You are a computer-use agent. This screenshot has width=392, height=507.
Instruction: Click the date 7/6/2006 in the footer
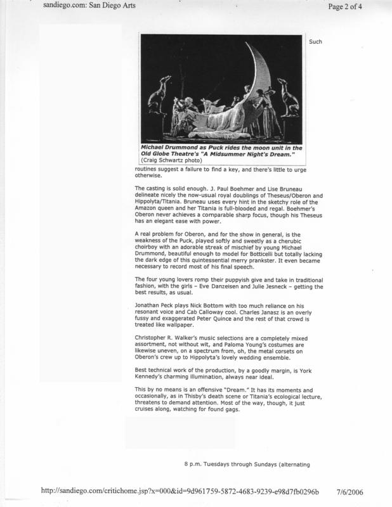(364, 491)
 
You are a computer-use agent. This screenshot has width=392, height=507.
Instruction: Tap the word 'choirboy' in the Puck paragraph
(149, 247)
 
